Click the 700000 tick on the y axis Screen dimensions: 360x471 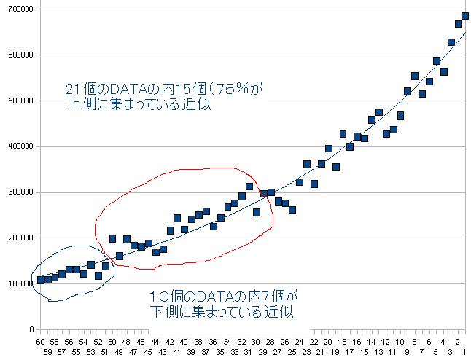(x=17, y=8)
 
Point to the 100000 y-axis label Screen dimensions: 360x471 (x=17, y=284)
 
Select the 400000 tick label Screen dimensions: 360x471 (x=17, y=146)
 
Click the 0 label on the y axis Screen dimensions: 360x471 (x=30, y=330)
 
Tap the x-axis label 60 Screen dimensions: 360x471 (x=41, y=341)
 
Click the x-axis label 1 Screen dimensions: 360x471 (x=464, y=351)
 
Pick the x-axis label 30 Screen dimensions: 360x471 (x=256, y=341)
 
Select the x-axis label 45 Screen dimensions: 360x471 (x=149, y=351)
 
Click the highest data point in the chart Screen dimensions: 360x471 (x=465, y=16)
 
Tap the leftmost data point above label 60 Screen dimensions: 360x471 (x=41, y=280)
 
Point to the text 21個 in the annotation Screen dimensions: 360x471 (x=80, y=89)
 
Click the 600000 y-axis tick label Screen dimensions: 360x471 (x=17, y=55)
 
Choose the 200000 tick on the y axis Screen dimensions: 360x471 (x=17, y=238)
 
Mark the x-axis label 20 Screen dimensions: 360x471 (x=328, y=341)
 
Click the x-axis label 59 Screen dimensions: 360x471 (x=48, y=351)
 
